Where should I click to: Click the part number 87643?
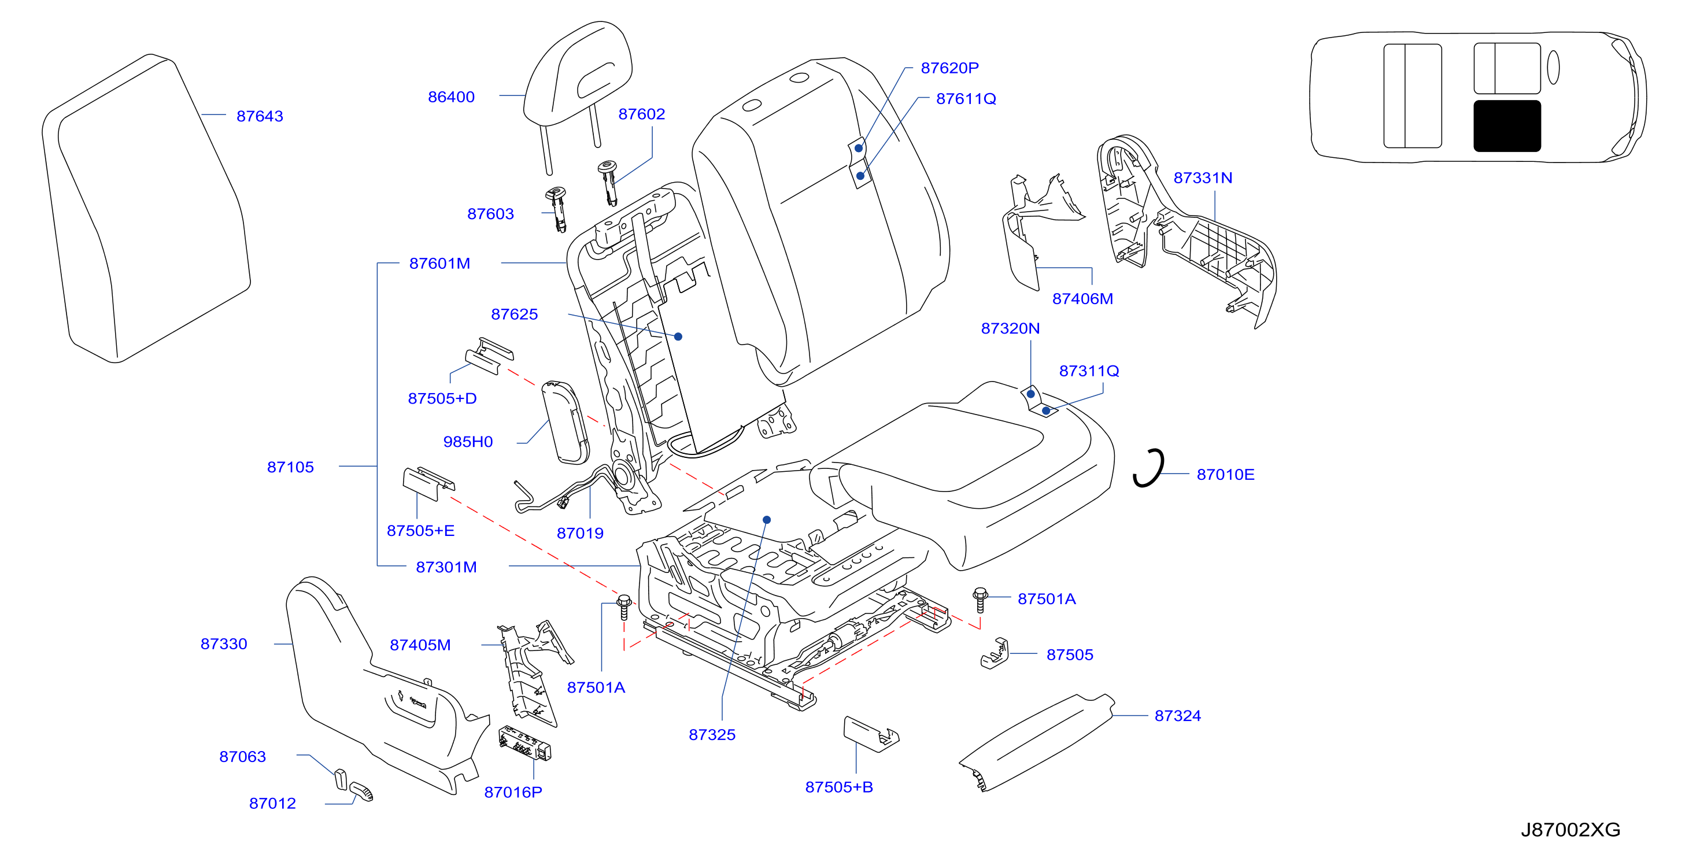pyautogui.click(x=260, y=116)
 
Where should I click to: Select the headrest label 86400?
pyautogui.click(x=451, y=97)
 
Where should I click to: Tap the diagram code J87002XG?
pyautogui.click(x=1570, y=830)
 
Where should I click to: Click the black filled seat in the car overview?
pyautogui.click(x=1507, y=126)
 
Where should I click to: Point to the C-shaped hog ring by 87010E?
pyautogui.click(x=1150, y=468)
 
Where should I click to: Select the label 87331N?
pyautogui.click(x=1203, y=177)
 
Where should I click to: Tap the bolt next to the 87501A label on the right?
pyautogui.click(x=980, y=599)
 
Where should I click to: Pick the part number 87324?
pyautogui.click(x=1178, y=716)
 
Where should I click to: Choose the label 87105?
pyautogui.click(x=290, y=467)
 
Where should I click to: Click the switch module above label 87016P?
pyautogui.click(x=525, y=744)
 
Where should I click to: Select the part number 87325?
pyautogui.click(x=712, y=735)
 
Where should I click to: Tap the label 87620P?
pyautogui.click(x=949, y=68)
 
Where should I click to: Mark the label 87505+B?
pyautogui.click(x=838, y=787)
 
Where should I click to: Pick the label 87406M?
pyautogui.click(x=1082, y=299)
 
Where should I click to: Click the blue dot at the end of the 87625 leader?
pyautogui.click(x=679, y=337)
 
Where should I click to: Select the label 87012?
pyautogui.click(x=273, y=804)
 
